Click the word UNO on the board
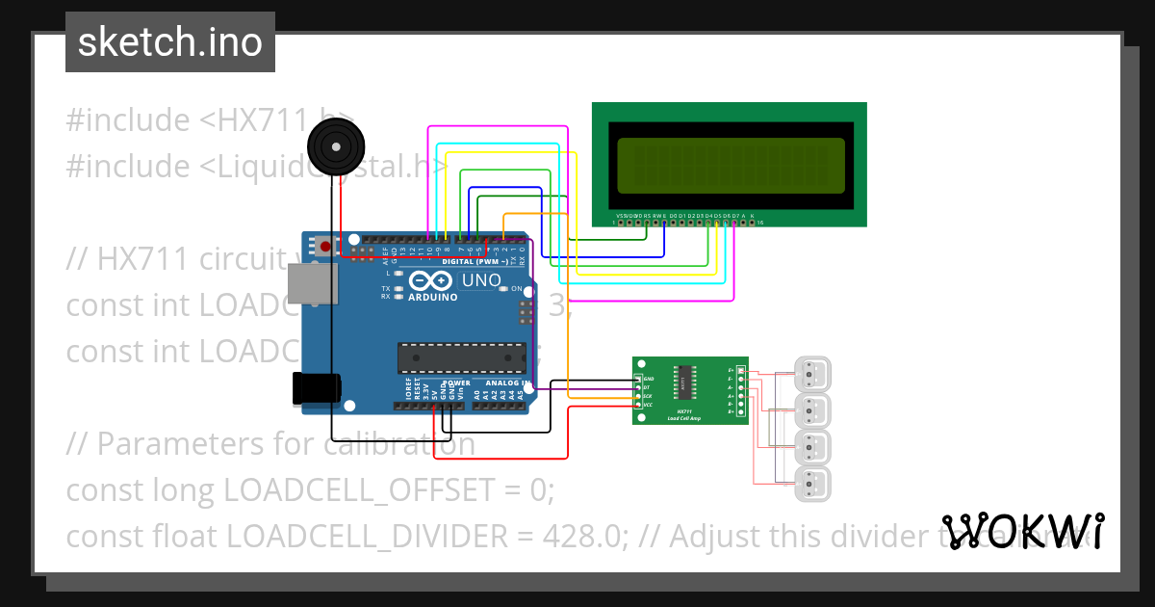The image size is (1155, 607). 481,280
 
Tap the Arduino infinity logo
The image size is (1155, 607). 429,280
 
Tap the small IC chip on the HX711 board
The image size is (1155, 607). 685,379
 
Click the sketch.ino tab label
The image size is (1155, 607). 169,42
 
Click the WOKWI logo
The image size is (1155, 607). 1021,531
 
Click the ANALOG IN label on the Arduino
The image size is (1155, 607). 507,383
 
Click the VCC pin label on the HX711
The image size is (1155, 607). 648,406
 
